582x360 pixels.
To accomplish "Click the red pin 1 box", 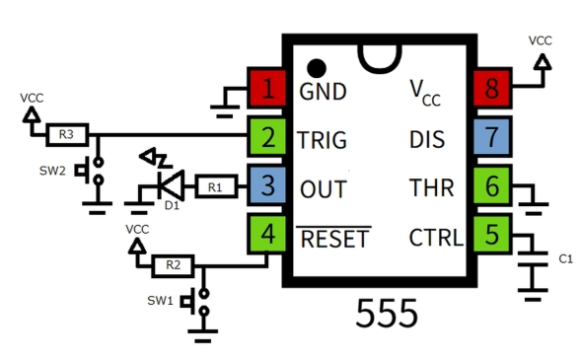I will (x=266, y=90).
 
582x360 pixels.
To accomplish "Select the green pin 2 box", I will (x=266, y=138).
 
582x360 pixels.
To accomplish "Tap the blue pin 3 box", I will (x=266, y=185).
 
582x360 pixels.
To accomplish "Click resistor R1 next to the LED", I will (x=215, y=185).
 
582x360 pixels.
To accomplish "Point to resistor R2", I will (x=172, y=264).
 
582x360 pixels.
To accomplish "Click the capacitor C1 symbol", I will (x=535, y=259).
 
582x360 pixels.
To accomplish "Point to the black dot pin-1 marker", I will (x=316, y=68).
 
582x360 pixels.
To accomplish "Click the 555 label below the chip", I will (x=387, y=314).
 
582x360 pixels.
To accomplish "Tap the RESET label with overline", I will (x=334, y=239).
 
